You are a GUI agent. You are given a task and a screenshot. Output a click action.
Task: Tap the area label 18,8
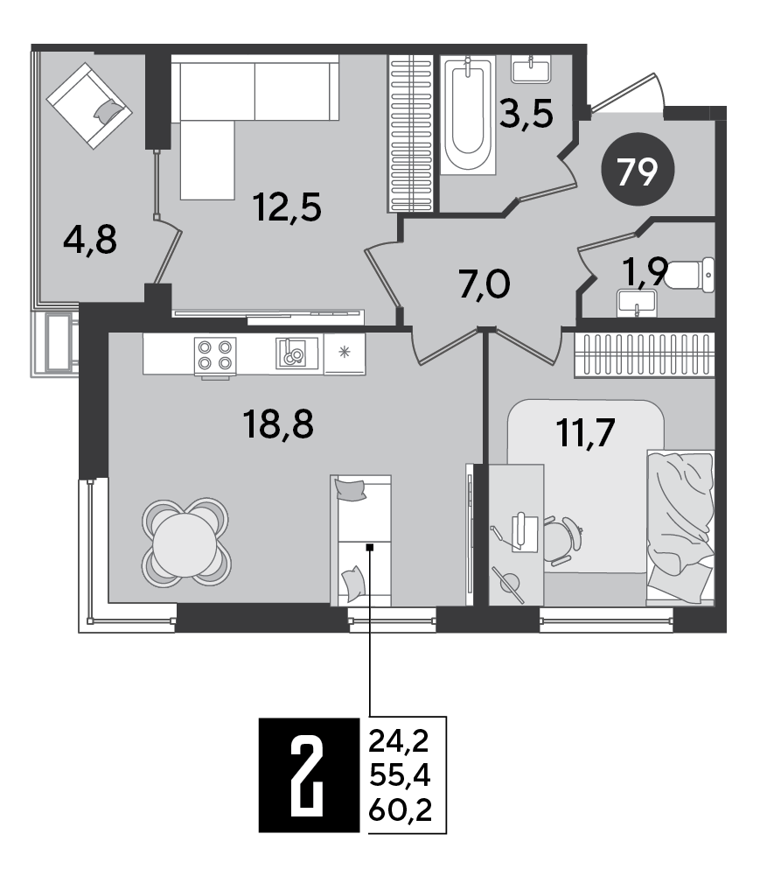pyautogui.click(x=277, y=427)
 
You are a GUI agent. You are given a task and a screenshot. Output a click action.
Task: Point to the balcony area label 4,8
pyautogui.click(x=89, y=238)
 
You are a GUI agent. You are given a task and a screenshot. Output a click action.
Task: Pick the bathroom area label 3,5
pyautogui.click(x=526, y=114)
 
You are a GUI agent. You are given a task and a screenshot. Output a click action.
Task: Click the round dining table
pyautogui.click(x=185, y=541)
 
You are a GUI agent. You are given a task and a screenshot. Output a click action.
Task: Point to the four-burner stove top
pyautogui.click(x=215, y=354)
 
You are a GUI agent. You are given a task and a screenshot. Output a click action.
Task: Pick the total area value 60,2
pyautogui.click(x=401, y=805)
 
